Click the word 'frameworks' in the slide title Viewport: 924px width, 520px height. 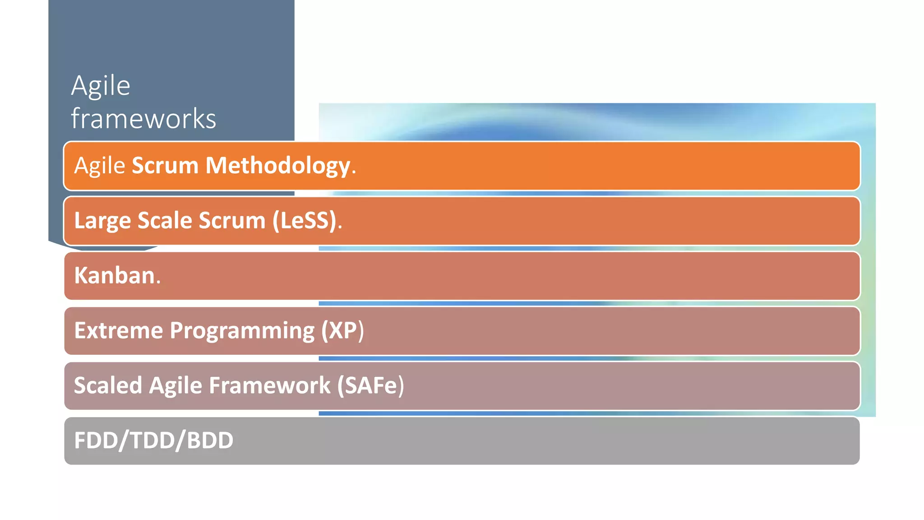click(143, 119)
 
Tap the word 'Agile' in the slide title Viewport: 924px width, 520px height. click(101, 86)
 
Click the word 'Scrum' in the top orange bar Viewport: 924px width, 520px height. click(165, 166)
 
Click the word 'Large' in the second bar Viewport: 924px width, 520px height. click(102, 221)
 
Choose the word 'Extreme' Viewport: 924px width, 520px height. click(118, 330)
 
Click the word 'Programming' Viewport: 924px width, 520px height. click(242, 330)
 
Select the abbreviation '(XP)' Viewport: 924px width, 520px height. click(342, 330)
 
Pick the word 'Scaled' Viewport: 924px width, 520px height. click(108, 385)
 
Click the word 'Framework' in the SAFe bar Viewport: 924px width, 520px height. click(269, 385)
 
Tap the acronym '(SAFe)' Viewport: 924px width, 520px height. click(370, 385)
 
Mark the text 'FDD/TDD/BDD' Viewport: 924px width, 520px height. click(153, 441)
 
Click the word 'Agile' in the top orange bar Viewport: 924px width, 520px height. click(99, 166)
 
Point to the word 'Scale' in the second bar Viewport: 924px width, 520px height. click(165, 221)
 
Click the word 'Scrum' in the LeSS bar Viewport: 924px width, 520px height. click(232, 221)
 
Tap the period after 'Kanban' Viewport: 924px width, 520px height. click(158, 282)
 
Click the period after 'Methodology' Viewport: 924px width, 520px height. click(354, 172)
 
